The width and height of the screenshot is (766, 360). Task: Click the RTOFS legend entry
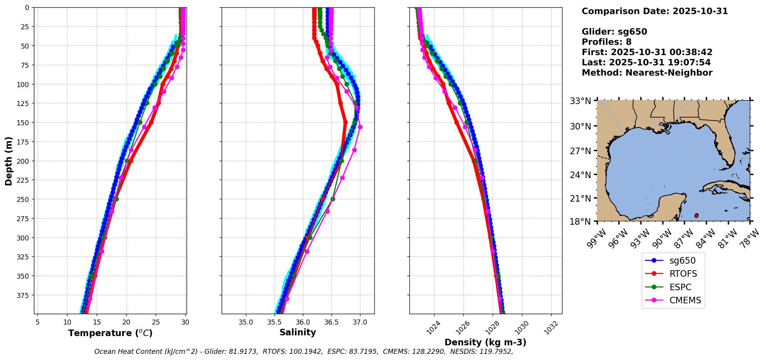coord(683,274)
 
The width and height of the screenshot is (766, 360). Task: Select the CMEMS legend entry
coord(685,301)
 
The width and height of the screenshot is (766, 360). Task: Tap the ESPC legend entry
coord(680,288)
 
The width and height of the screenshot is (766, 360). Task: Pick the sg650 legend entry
coord(682,261)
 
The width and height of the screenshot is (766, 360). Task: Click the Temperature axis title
coord(110,333)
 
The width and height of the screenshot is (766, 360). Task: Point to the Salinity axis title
coord(298,333)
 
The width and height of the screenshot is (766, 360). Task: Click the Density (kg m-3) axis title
coord(485,342)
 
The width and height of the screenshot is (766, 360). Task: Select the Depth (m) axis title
coord(8,161)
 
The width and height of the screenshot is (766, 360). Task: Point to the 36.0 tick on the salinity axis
coord(303,322)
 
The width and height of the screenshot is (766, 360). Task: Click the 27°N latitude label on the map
coord(580,151)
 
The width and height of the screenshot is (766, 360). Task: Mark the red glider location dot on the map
coord(696,216)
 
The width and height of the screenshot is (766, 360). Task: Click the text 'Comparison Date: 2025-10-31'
coord(655,11)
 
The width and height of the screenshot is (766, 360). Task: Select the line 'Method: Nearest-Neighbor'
coord(647,73)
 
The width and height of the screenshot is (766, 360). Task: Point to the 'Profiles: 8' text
coord(606,42)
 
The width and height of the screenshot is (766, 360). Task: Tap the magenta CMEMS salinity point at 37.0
coord(360,127)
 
